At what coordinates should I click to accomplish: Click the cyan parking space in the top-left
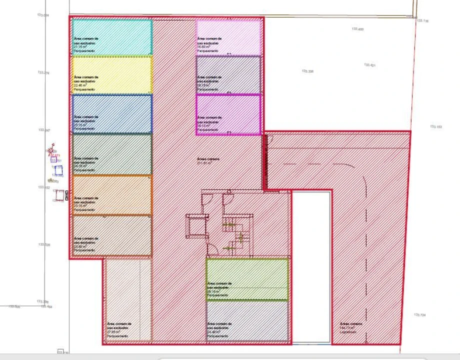[112, 37]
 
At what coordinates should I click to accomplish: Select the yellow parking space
[112, 75]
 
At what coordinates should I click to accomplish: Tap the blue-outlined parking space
[112, 114]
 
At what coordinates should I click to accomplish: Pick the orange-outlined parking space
[112, 195]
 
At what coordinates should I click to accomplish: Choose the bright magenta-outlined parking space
[228, 114]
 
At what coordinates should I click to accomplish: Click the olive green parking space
[247, 279]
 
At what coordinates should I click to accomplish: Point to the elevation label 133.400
[357, 29]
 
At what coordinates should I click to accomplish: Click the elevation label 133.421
[369, 65]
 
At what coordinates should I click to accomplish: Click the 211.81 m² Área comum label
[204, 161]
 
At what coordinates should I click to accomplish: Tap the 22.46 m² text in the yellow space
[80, 85]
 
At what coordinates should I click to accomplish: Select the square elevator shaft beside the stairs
[197, 226]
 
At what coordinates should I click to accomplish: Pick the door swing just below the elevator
[212, 248]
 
